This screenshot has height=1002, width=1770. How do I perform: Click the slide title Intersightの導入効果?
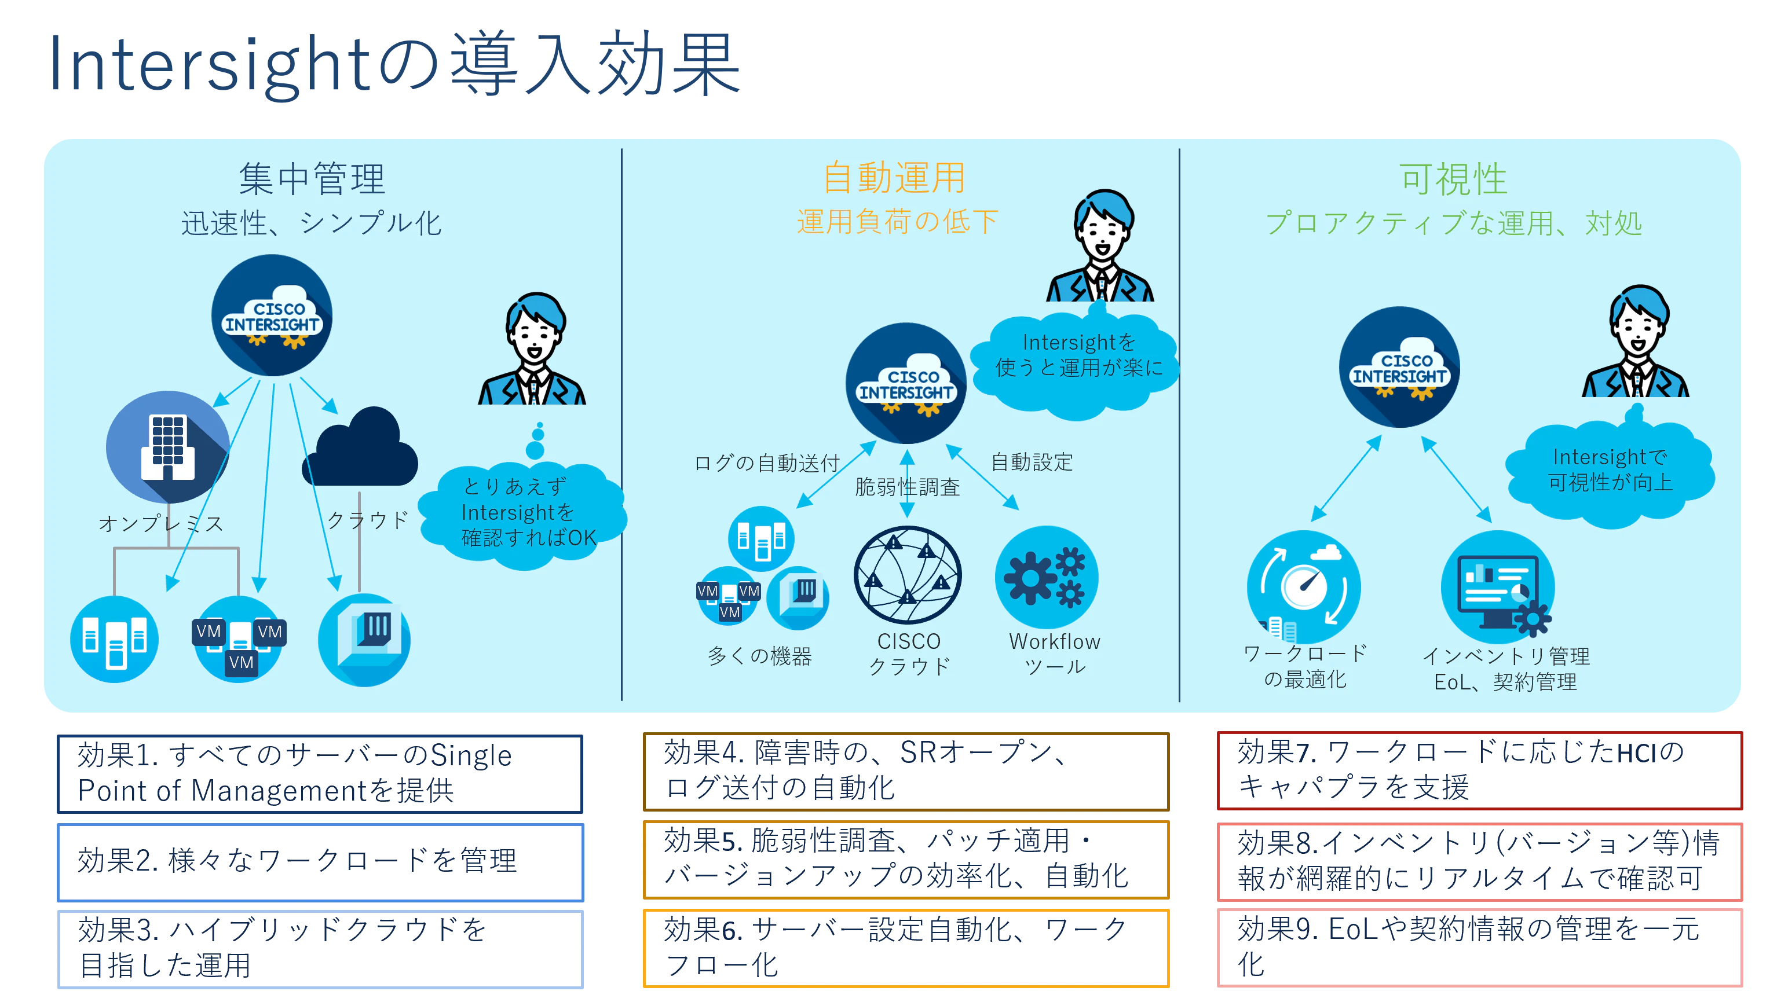coord(394,64)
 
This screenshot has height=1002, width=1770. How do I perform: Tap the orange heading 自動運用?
coord(894,178)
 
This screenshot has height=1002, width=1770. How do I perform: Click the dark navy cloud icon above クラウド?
coord(360,447)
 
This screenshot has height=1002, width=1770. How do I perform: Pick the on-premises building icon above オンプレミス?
coord(167,447)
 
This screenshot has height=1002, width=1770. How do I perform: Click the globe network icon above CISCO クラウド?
coord(908,575)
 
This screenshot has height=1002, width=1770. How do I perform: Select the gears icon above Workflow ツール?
coord(1047,577)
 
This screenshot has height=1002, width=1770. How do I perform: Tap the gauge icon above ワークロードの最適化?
coord(1303,586)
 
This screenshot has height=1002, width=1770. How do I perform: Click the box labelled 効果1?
coord(320,773)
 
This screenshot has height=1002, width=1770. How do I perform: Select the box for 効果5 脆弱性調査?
coord(906,860)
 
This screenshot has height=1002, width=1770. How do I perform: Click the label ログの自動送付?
coord(767,463)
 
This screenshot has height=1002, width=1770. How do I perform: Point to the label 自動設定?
coord(1032,462)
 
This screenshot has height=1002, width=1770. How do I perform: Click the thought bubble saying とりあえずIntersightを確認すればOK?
coord(523,513)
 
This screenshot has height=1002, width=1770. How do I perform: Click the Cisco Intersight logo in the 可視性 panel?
coord(1400,368)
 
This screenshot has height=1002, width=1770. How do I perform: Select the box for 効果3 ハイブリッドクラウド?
coord(320,949)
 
